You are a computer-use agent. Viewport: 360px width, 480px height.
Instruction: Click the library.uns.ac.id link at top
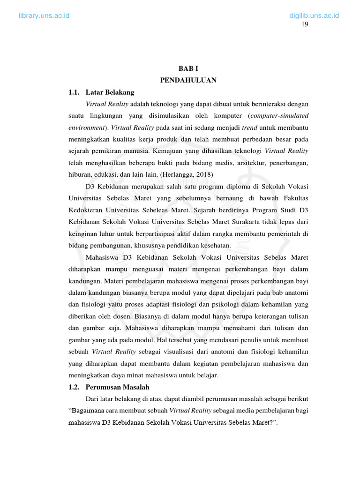[x=44, y=15]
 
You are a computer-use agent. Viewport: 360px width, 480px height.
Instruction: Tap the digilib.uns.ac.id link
[x=315, y=15]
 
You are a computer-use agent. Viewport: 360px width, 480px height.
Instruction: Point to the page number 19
[x=305, y=24]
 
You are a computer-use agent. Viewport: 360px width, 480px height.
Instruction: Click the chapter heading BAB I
[x=188, y=68]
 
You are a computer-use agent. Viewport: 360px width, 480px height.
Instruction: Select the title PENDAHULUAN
[x=188, y=80]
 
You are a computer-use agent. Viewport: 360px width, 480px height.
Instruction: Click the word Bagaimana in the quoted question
[x=88, y=411]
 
